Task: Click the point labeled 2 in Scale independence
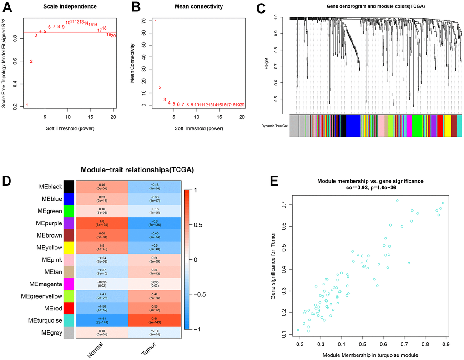(31, 61)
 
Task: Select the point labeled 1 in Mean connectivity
(156, 21)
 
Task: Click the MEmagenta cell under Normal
(101, 283)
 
